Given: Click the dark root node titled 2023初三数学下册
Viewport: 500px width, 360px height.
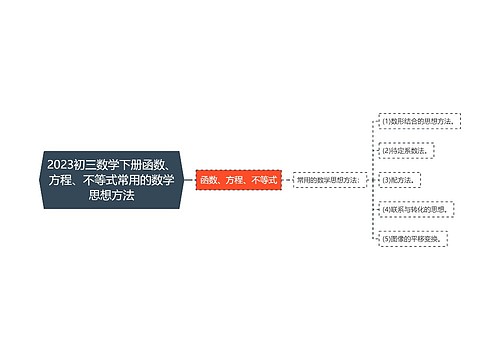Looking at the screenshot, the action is coord(111,180).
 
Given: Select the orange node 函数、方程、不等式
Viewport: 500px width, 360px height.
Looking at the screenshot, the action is coord(239,180).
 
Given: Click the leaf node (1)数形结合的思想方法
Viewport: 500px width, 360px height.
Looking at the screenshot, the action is coord(419,121).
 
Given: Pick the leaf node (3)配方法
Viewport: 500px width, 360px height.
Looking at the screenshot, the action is coord(398,180).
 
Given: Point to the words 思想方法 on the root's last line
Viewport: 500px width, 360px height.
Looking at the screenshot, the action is coord(111,197).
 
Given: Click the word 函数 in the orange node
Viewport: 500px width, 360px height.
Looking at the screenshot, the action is coord(209,180).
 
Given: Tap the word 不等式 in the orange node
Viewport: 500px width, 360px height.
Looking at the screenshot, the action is coord(265,180).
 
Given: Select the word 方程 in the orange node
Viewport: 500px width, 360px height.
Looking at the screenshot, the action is coord(236,180).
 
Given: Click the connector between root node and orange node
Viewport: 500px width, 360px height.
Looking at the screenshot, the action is coord(189,180).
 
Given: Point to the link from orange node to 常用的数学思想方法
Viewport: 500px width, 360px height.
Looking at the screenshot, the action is coord(287,180).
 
